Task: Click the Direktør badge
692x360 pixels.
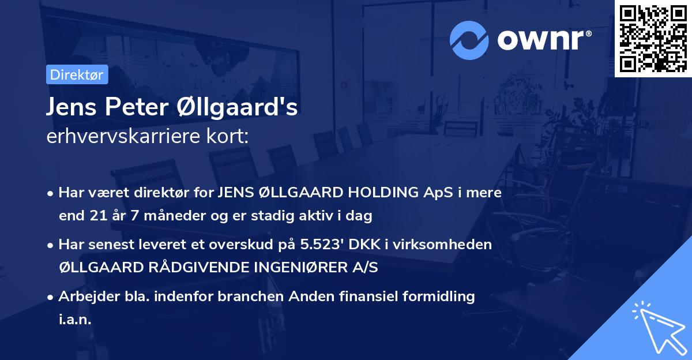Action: click(76, 74)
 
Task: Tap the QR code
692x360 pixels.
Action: click(653, 38)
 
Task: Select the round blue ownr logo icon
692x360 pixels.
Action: click(469, 39)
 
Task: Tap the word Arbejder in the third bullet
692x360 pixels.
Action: click(84, 296)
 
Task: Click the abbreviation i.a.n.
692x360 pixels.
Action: click(76, 319)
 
